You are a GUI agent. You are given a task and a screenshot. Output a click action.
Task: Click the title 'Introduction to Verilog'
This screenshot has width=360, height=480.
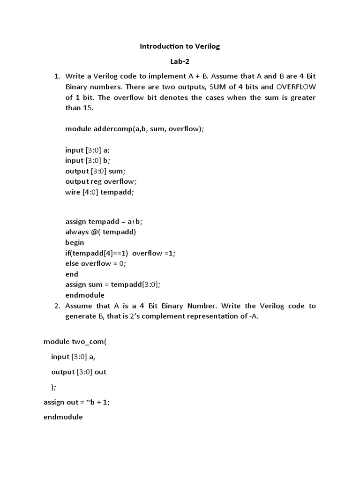180,46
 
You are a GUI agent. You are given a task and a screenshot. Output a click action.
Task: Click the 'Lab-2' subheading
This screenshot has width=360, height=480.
180,61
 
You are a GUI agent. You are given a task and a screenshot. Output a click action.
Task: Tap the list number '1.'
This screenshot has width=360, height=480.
58,76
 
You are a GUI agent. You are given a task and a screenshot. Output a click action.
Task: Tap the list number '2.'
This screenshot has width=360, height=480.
58,306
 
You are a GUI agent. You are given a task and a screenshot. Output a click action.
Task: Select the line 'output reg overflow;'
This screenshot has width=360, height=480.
101,181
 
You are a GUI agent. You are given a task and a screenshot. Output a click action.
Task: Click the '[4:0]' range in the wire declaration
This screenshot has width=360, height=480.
91,192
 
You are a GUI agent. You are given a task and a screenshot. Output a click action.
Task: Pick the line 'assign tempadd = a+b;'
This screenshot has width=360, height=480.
104,221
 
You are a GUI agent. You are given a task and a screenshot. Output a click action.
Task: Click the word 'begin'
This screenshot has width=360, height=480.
75,242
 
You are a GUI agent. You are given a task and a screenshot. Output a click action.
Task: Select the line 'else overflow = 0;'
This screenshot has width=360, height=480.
96,263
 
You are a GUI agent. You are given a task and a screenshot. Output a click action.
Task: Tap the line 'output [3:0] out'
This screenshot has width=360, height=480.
79,372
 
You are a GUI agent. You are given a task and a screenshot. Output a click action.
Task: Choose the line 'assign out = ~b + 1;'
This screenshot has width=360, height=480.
76,402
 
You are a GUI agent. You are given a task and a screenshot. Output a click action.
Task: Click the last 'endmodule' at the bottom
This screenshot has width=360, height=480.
63,417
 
